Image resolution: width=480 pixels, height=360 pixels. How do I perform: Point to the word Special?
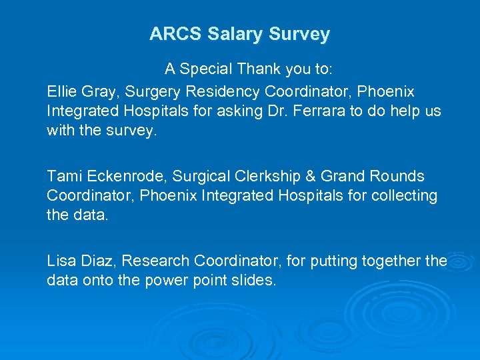[x=206, y=69]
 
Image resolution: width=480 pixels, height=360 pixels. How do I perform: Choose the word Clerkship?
[x=265, y=177]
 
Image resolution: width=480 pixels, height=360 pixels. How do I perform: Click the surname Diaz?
[x=96, y=261]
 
